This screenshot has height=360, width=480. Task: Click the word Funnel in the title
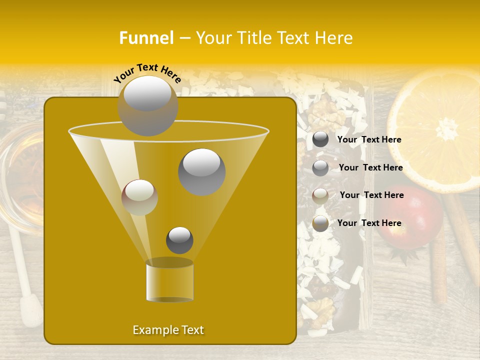146,38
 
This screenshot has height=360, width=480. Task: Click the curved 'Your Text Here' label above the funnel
147,72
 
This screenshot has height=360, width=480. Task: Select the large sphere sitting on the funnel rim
147,105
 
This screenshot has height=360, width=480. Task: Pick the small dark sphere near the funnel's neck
179,240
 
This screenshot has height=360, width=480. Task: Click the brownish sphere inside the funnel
139,197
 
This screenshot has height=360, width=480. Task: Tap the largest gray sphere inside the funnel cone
201,171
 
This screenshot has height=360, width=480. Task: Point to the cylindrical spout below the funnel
169,282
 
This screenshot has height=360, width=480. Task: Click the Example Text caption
168,330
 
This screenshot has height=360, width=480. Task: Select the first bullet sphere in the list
320,139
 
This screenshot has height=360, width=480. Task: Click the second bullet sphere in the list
320,168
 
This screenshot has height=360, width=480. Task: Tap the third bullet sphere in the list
320,196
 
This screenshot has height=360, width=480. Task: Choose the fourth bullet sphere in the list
320,223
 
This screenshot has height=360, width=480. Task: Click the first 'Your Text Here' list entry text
369,140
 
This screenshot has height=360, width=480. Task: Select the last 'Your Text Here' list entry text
369,223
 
